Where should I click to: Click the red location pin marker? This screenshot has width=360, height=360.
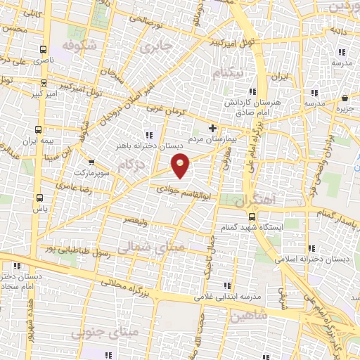pyautogui.click(x=181, y=165)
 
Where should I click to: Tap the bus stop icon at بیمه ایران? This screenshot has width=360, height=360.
pyautogui.click(x=38, y=130)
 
